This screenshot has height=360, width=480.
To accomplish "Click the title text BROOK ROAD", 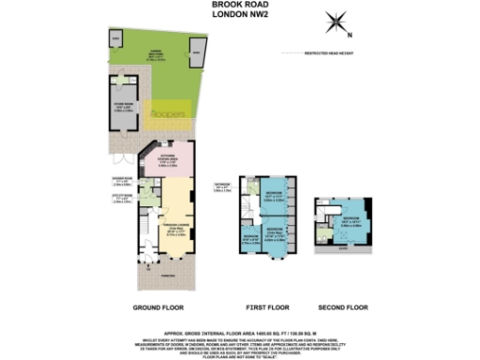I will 239,5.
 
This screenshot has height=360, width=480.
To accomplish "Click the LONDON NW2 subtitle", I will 239,15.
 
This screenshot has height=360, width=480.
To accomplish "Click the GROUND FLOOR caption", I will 157,307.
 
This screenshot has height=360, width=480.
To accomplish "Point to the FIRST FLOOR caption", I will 264,307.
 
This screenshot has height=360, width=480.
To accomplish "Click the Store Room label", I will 124,108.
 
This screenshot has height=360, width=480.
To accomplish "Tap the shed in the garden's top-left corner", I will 116,38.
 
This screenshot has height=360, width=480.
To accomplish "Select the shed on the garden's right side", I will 197,52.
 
